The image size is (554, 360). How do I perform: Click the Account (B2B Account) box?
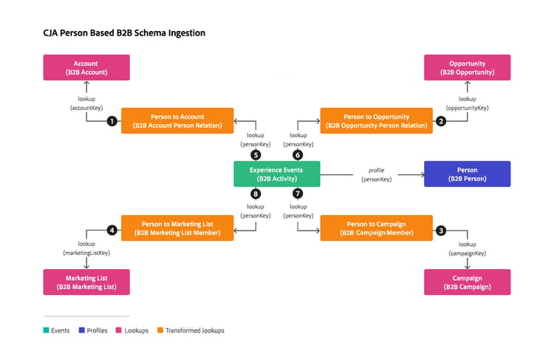click(86, 67)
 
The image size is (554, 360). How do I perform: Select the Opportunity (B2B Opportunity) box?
click(467, 67)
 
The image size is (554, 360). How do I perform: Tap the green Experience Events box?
click(277, 174)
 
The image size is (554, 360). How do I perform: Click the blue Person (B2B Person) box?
click(467, 174)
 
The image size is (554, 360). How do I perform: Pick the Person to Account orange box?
click(177, 121)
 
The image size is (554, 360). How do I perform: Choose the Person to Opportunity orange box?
click(376, 121)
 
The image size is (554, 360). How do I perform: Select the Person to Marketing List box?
click(177, 228)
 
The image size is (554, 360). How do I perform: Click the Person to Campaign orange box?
click(376, 228)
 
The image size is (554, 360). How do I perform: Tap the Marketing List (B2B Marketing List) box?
click(86, 282)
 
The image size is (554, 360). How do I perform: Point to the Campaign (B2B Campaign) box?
click(467, 282)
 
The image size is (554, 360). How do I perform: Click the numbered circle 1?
click(112, 121)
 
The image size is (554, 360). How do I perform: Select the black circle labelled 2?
click(440, 121)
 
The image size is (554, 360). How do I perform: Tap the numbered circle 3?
click(440, 231)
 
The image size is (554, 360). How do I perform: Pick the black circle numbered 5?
click(256, 155)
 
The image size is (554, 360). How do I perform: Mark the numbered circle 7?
click(298, 194)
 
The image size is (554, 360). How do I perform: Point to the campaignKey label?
click(467, 254)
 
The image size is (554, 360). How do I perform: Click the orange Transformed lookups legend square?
click(160, 330)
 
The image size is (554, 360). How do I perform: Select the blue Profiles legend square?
click(81, 330)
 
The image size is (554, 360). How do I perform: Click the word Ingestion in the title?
click(187, 33)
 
